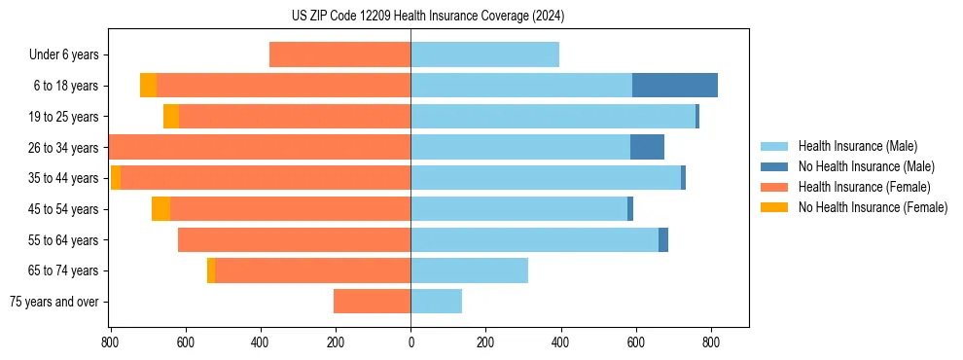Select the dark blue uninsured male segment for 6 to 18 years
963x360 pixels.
tap(674, 86)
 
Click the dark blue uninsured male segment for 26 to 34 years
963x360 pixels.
tap(647, 148)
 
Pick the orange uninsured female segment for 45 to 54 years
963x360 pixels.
tap(160, 209)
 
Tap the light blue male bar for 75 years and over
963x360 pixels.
tap(436, 302)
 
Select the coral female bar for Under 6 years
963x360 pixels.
tap(339, 55)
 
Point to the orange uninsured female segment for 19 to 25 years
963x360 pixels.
tap(171, 117)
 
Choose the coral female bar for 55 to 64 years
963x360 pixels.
tap(294, 240)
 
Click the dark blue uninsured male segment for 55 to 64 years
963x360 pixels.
tap(663, 240)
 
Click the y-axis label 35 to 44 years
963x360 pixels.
tap(63, 179)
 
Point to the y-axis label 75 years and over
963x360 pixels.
tap(53, 303)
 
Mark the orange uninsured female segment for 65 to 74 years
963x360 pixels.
tap(211, 270)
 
